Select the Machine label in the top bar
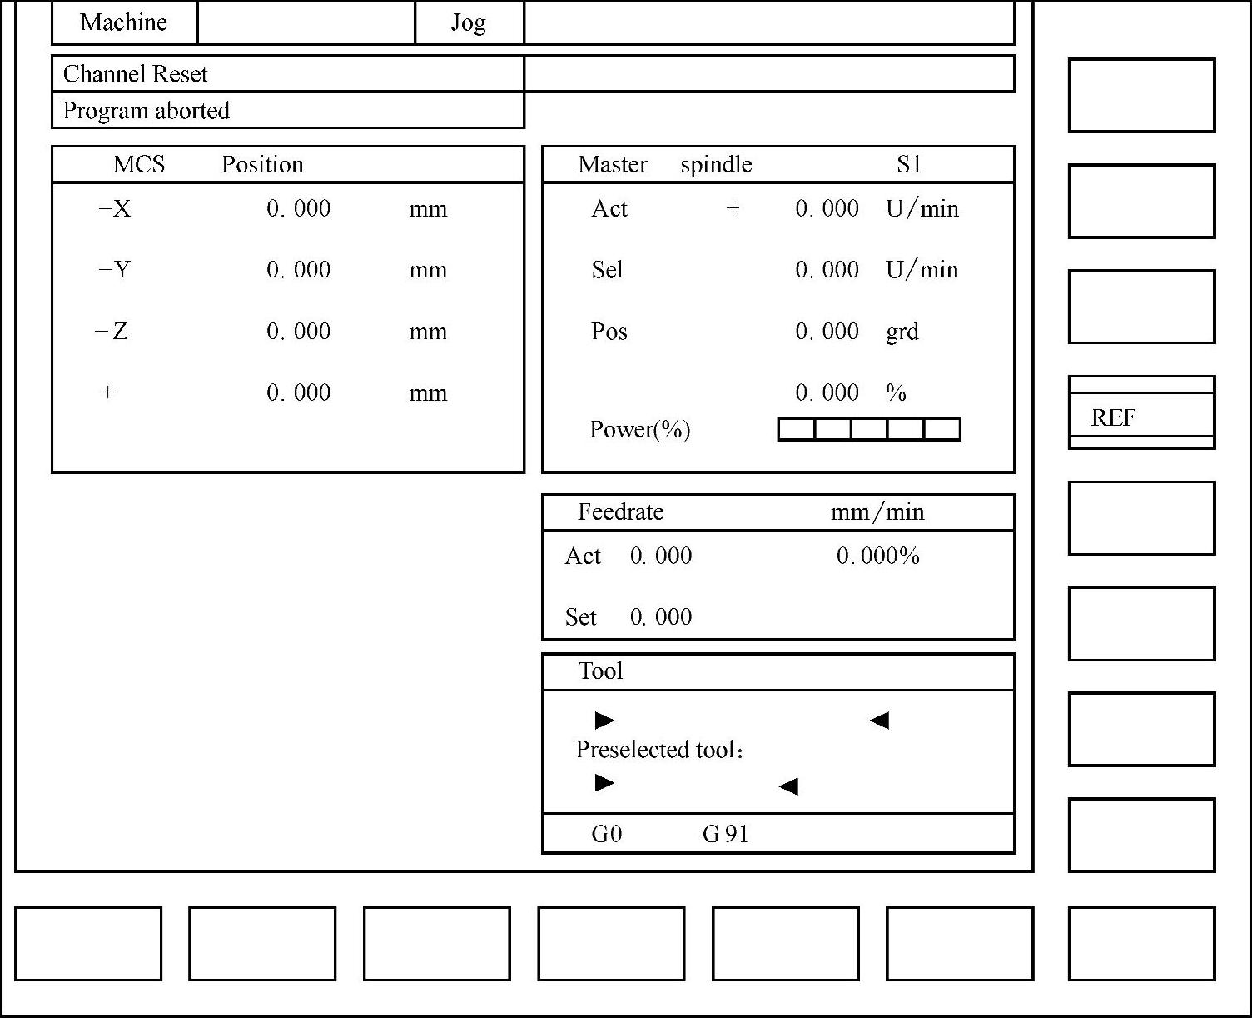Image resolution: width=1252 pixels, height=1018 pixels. coord(123,22)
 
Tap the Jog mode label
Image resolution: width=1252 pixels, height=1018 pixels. coord(469,22)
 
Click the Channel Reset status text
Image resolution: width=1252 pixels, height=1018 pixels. coord(135,74)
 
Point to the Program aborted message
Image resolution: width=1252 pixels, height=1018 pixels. coord(147,111)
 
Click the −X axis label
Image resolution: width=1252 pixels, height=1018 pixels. coord(115,208)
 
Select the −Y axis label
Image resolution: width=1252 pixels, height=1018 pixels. coord(115,270)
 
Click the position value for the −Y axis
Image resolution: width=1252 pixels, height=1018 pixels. coord(298,270)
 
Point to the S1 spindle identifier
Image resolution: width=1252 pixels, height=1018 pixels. coord(909,165)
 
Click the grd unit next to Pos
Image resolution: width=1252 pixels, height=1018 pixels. coord(902,332)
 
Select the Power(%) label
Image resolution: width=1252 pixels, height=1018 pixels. coord(639,429)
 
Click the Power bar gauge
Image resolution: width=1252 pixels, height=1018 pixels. coord(869,429)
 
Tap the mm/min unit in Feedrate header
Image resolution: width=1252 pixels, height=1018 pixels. coord(877,511)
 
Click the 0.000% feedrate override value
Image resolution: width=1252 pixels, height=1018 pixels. coord(877,556)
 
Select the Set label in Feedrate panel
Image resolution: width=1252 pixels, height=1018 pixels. coord(580,617)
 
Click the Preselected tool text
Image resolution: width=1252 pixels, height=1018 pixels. coord(658,750)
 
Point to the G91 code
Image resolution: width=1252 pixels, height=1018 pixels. coord(725,834)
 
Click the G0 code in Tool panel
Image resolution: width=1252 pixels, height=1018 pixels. coord(606,834)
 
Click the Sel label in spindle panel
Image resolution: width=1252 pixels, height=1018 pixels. coord(607,270)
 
